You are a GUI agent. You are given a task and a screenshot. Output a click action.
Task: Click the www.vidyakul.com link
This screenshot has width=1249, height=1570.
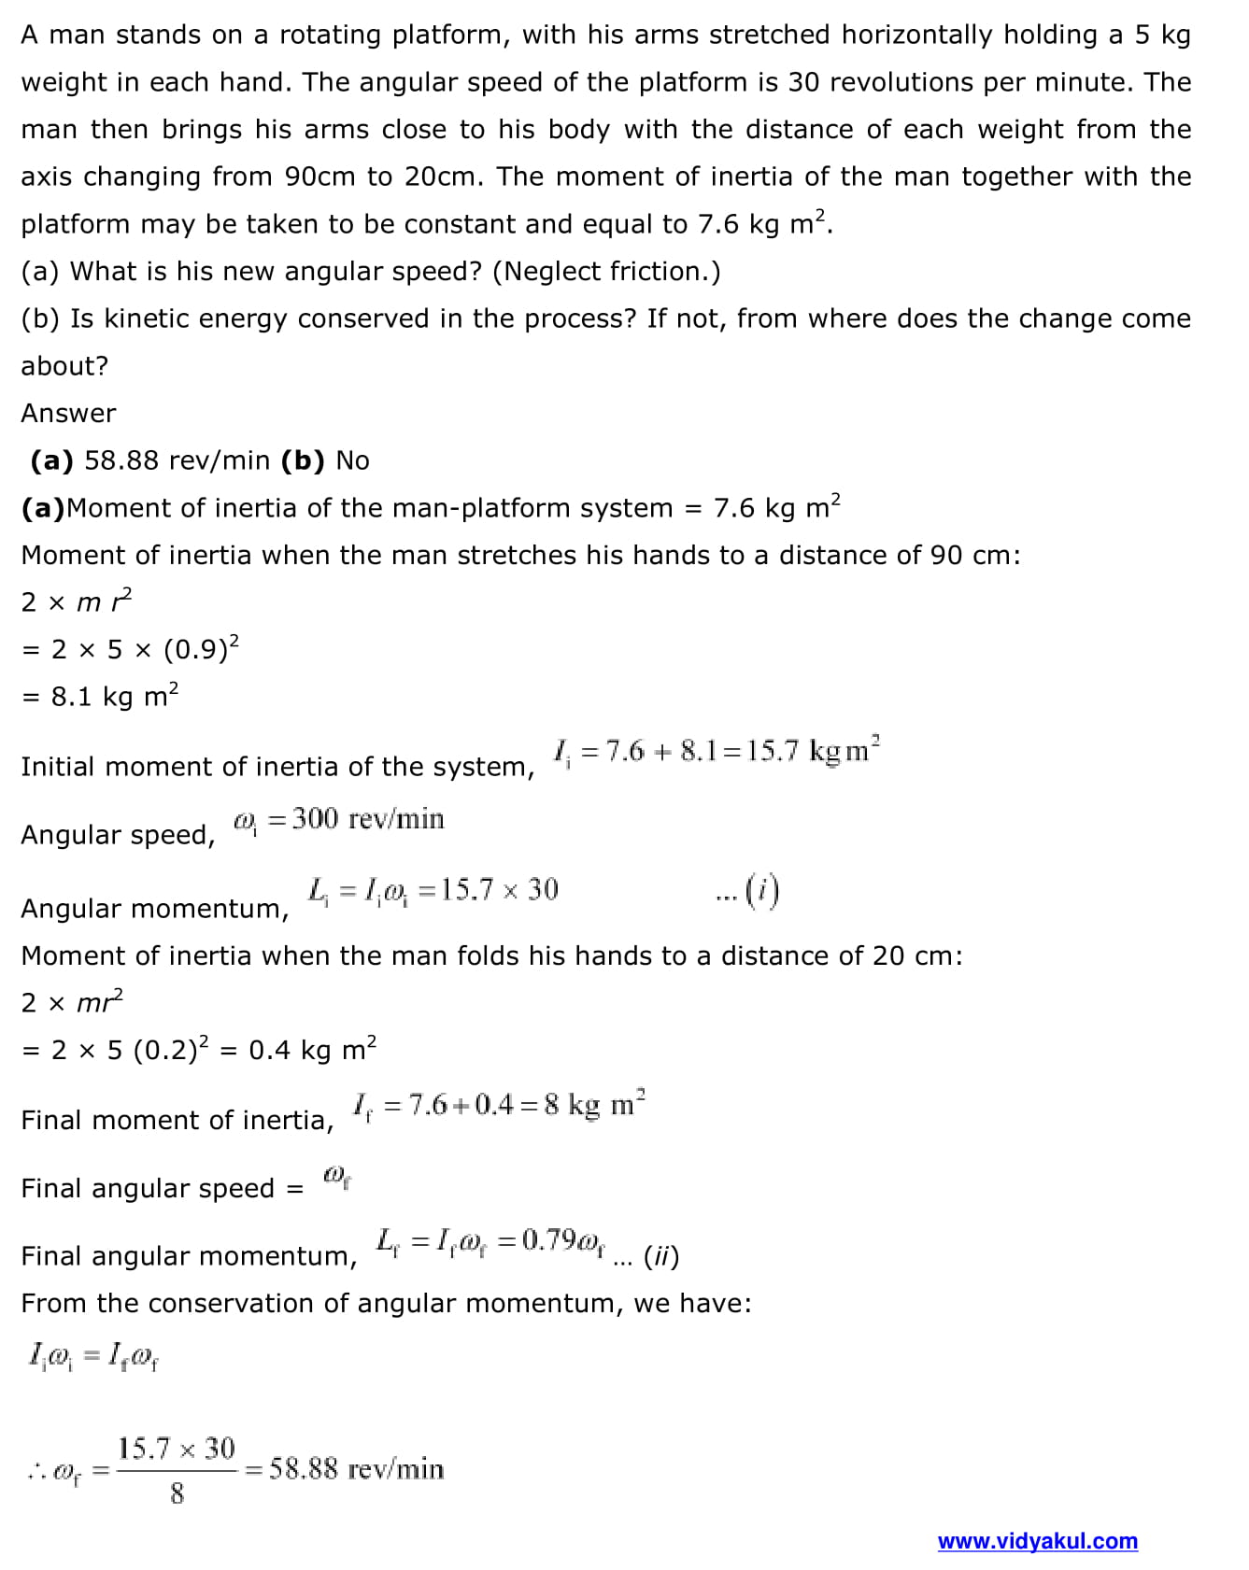1037,1541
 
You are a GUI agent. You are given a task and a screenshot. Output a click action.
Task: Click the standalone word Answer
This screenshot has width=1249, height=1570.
68,413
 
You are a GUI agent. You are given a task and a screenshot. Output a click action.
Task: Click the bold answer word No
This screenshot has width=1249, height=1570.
352,460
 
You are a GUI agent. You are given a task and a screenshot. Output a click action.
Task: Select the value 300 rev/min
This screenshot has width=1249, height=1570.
367,819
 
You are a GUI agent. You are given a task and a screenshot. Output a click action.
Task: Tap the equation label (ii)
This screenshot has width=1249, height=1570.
660,1257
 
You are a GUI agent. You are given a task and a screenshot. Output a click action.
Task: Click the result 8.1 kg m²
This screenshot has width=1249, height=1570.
114,697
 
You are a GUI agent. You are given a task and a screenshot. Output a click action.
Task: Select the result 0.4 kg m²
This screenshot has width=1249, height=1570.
312,1050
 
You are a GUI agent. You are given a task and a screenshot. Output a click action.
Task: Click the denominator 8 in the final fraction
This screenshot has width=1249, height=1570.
177,1493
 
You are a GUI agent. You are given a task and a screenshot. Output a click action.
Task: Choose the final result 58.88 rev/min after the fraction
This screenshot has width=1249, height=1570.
356,1469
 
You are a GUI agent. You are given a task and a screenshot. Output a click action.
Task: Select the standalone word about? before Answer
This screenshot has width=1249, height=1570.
64,366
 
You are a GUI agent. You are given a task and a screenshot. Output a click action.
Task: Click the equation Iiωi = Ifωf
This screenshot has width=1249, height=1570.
93,1353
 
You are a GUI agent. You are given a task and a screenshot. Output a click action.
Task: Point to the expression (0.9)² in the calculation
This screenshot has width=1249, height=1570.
202,648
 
